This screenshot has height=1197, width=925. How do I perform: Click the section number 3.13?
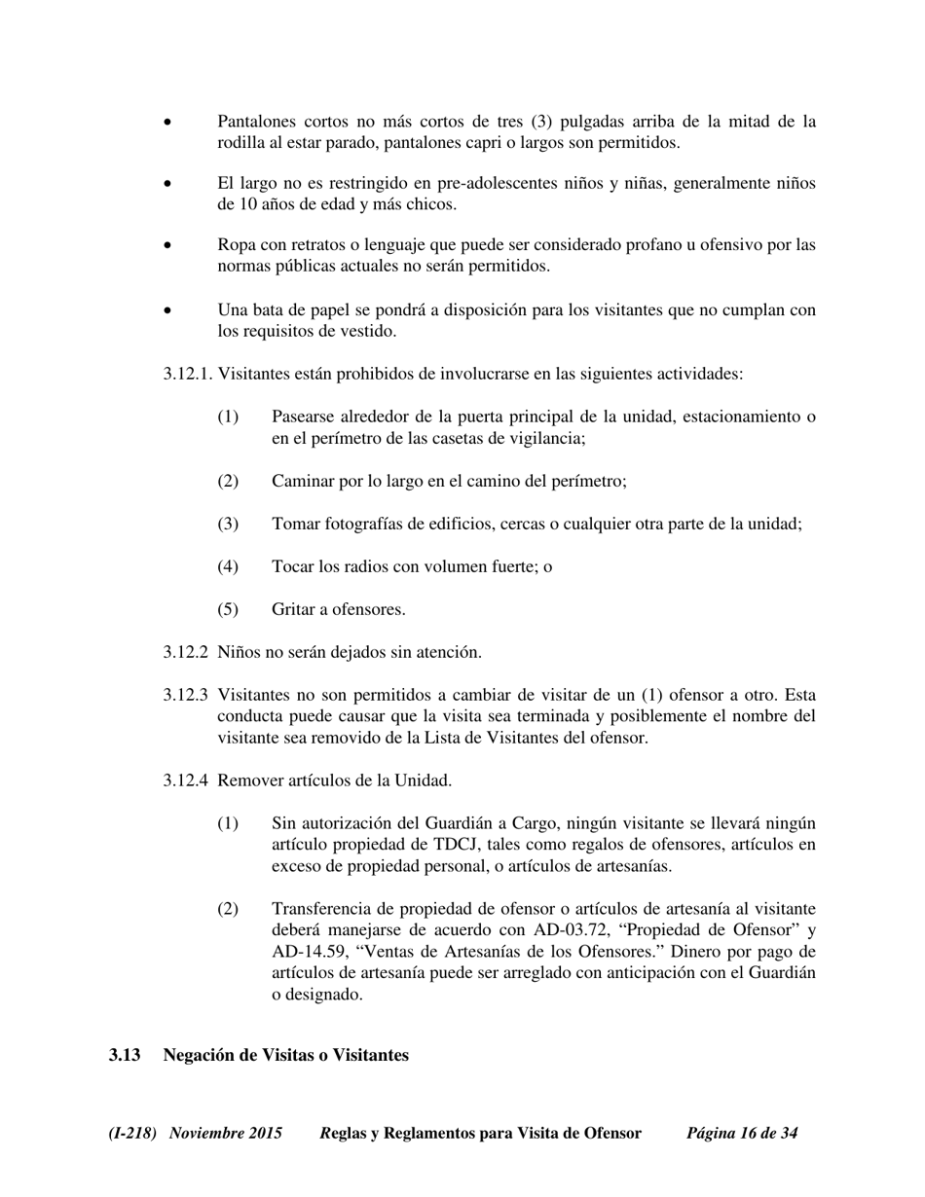coord(125,1055)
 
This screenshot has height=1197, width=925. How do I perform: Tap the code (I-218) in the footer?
coord(132,1133)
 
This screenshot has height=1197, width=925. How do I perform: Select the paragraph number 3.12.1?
coord(188,374)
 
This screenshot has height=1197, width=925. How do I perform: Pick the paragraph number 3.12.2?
coord(186,652)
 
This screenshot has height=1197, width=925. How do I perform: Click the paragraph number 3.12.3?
coord(186,695)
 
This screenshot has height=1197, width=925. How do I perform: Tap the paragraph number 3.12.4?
coord(186,780)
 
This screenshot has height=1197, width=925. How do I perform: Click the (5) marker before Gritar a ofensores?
coord(228,609)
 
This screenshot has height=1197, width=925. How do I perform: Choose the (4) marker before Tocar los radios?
coord(228,566)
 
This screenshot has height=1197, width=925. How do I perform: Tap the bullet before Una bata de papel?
coord(168,311)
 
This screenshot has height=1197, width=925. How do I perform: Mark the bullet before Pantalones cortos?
coord(168,123)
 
